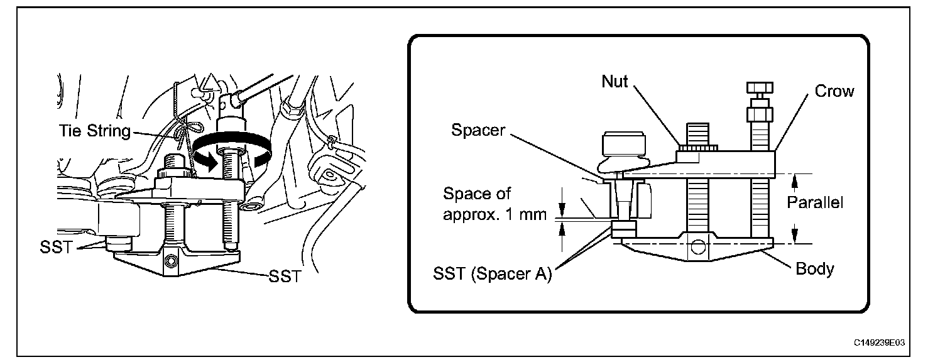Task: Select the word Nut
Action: coord(615,82)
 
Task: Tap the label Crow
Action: coord(834,91)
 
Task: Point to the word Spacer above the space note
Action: coord(478,130)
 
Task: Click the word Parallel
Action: coord(815,202)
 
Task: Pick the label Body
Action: coord(814,270)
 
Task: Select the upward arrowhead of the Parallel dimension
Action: coord(795,180)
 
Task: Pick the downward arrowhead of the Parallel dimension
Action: coord(795,236)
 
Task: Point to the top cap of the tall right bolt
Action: coord(758,87)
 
